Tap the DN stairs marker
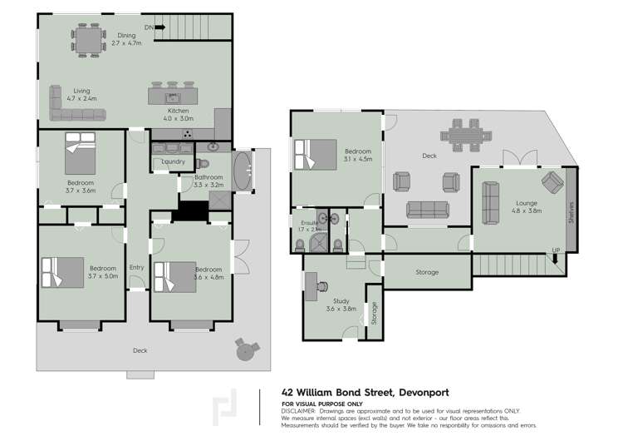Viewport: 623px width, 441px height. (x=149, y=27)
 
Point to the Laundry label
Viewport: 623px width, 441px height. (x=173, y=161)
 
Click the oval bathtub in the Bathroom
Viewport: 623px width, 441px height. (x=243, y=171)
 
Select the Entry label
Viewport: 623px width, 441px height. (x=136, y=267)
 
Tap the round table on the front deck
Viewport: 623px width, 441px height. (x=243, y=350)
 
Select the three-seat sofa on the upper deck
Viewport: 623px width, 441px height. (x=424, y=207)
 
